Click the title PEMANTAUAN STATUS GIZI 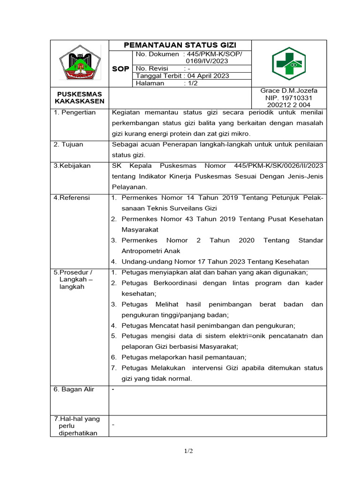tap(180, 45)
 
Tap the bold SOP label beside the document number tap(120, 69)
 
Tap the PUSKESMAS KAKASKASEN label tap(79, 97)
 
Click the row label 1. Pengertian tap(75, 112)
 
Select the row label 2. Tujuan tap(70, 144)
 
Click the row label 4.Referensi tap(72, 198)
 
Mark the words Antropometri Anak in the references tap(148, 251)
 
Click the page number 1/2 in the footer tap(188, 451)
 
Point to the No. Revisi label tap(151, 68)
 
